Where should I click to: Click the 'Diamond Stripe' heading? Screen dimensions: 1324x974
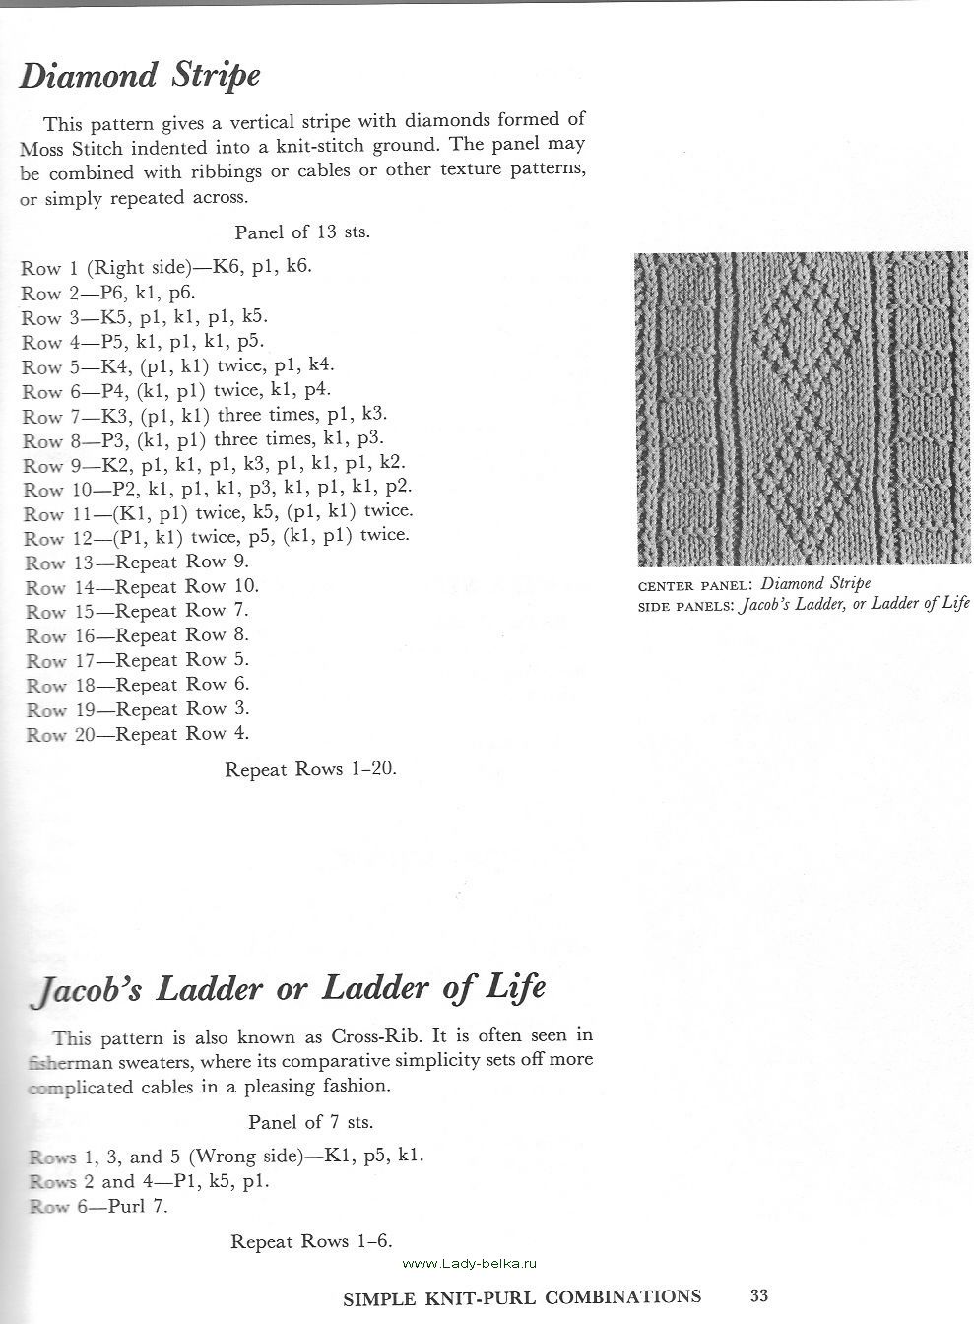point(140,76)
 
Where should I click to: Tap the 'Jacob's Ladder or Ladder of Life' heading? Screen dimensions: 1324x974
point(289,988)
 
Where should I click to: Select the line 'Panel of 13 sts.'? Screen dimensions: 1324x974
point(302,233)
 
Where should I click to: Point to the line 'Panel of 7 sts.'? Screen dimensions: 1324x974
point(310,1122)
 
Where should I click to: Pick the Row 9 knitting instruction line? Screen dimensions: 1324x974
point(213,464)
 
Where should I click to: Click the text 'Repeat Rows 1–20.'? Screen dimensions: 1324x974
point(310,769)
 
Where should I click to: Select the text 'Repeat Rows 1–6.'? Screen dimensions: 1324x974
point(310,1242)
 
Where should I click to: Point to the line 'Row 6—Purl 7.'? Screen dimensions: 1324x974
point(98,1206)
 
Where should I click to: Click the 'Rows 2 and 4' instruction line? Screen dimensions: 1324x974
point(149,1181)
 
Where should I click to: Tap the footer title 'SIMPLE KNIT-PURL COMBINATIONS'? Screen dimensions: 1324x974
point(522,1297)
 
